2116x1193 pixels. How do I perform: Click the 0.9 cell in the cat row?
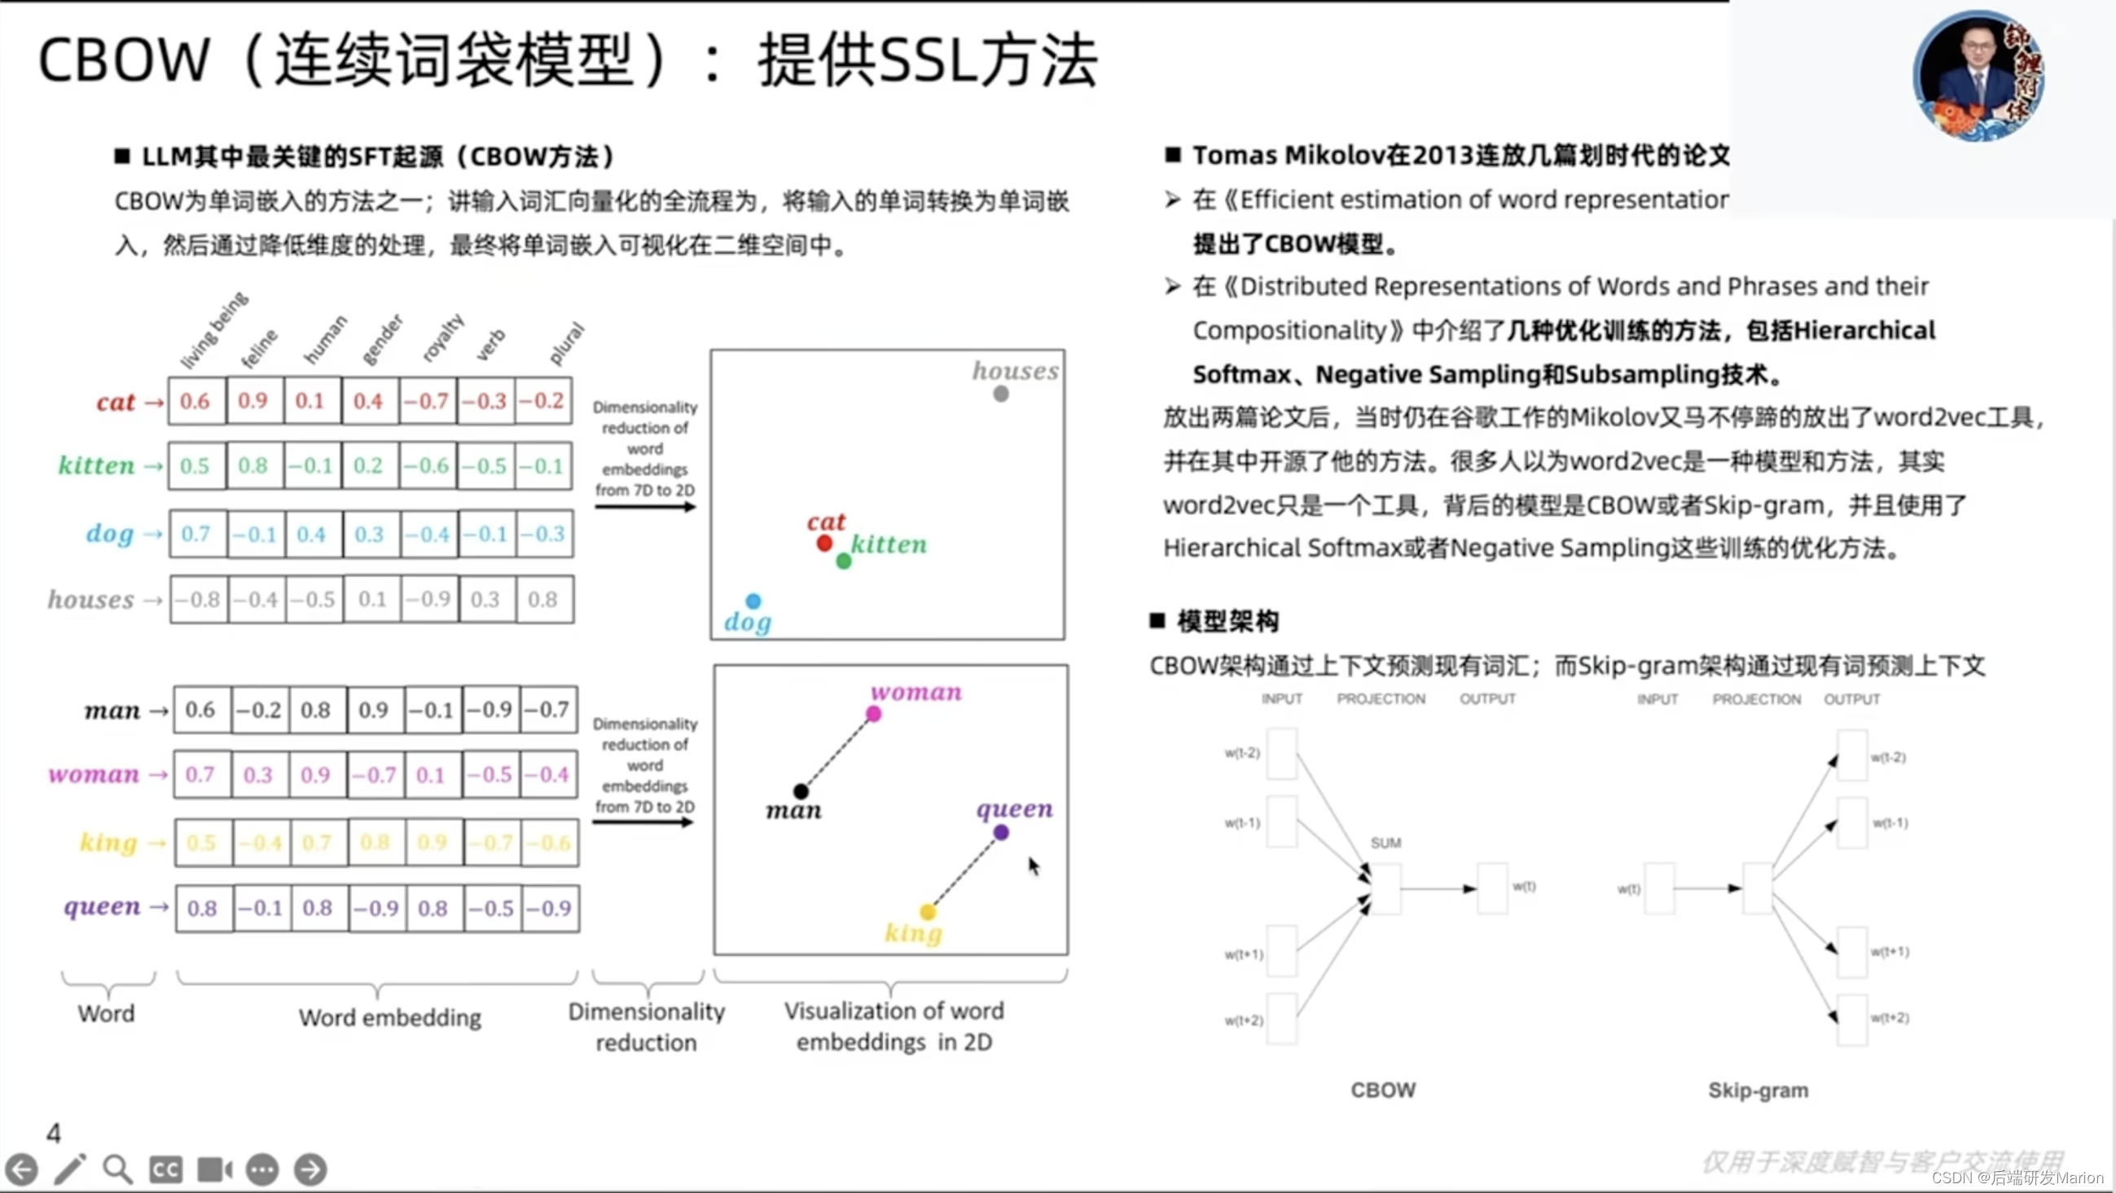click(253, 401)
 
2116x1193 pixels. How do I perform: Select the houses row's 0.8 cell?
click(543, 600)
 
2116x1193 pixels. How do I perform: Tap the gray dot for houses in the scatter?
click(1000, 394)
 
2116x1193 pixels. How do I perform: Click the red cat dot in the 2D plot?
click(825, 543)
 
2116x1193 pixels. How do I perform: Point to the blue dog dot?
click(753, 601)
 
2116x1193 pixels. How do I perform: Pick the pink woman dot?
click(874, 715)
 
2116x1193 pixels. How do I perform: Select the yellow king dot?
click(928, 912)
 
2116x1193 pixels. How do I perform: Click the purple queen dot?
click(1001, 833)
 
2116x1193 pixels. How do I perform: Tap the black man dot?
click(801, 791)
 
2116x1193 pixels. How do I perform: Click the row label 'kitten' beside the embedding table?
click(96, 466)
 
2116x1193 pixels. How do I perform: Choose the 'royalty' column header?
click(443, 337)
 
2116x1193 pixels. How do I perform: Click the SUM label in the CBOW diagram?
click(1385, 843)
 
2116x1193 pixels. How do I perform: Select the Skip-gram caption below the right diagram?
click(1758, 1090)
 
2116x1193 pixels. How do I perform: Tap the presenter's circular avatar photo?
click(1979, 76)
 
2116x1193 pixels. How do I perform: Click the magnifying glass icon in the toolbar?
click(117, 1169)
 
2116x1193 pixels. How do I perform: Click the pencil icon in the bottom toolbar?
click(70, 1169)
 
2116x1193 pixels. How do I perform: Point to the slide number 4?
click(54, 1134)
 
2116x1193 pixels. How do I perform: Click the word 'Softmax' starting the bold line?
click(1241, 375)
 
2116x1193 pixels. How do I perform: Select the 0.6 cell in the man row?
click(200, 710)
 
